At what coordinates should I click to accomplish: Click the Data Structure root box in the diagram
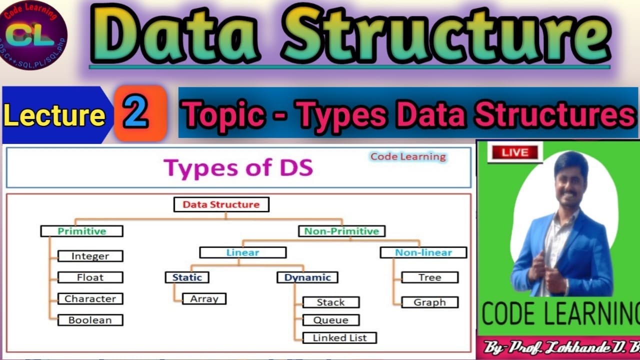pyautogui.click(x=221, y=204)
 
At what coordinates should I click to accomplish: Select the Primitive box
pyautogui.click(x=82, y=231)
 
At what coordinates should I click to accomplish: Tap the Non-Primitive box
pyautogui.click(x=341, y=231)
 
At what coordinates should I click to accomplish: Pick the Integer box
pyautogui.click(x=90, y=256)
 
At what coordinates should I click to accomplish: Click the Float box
pyautogui.click(x=90, y=277)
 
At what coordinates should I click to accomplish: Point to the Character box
pyautogui.click(x=90, y=299)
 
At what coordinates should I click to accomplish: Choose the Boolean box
pyautogui.click(x=90, y=320)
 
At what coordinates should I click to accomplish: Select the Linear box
pyautogui.click(x=243, y=252)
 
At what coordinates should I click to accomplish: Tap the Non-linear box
pyautogui.click(x=423, y=252)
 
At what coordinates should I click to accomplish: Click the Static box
pyautogui.click(x=187, y=277)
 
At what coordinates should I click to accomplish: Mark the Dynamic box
pyautogui.click(x=307, y=277)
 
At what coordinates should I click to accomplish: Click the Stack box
pyautogui.click(x=330, y=302)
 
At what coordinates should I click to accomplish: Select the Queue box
pyautogui.click(x=330, y=320)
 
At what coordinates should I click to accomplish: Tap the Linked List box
pyautogui.click(x=339, y=338)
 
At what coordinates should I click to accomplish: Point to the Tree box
pyautogui.click(x=430, y=277)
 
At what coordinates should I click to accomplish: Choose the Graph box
pyautogui.click(x=430, y=302)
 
